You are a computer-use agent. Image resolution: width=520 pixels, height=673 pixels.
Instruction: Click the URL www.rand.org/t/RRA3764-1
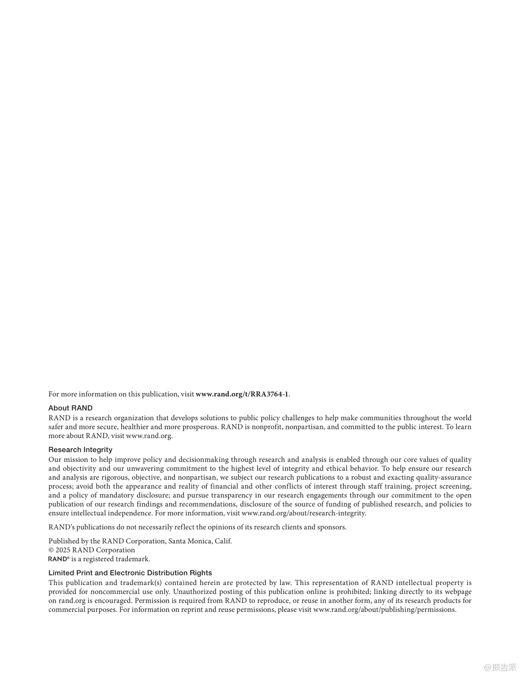242,394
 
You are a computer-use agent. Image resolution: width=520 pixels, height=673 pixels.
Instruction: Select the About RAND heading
70,408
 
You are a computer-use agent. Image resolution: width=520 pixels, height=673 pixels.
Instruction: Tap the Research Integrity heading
80,450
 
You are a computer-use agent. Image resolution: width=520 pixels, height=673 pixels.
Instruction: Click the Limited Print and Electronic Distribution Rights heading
130,573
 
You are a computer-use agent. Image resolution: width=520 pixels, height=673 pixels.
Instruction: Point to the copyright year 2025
63,550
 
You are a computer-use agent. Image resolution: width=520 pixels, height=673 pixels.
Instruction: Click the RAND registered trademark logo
58,559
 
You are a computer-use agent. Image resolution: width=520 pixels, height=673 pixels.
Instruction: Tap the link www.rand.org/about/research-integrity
304,513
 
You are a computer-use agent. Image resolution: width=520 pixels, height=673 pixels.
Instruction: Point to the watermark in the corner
500,667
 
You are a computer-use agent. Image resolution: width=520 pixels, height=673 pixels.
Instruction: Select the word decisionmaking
203,459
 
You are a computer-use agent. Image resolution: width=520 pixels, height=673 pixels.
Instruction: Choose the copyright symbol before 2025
51,550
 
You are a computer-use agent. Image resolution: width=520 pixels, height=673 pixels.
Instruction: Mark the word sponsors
332,527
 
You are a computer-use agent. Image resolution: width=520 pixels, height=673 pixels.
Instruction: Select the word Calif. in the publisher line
223,541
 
